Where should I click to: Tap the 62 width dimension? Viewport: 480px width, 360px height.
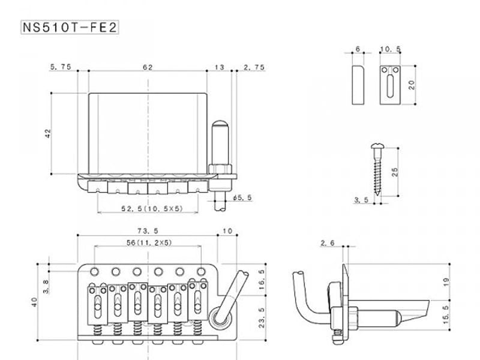(x=147, y=67)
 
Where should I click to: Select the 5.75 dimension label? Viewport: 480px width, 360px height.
(x=61, y=67)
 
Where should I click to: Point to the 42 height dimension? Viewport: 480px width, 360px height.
(x=49, y=133)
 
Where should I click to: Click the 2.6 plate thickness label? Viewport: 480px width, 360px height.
(x=328, y=243)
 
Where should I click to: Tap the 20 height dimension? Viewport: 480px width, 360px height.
(x=412, y=85)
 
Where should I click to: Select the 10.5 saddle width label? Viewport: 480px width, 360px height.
(x=391, y=50)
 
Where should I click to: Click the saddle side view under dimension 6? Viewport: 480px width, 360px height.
(x=358, y=85)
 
